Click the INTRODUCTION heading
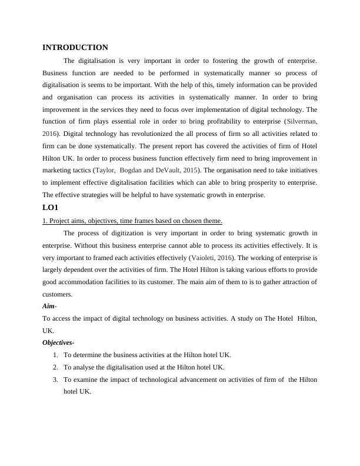click(x=75, y=47)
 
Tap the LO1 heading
click(x=51, y=208)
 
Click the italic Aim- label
click(x=50, y=307)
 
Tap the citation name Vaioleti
click(x=209, y=257)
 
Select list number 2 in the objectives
click(x=55, y=367)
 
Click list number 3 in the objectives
click(x=55, y=380)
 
